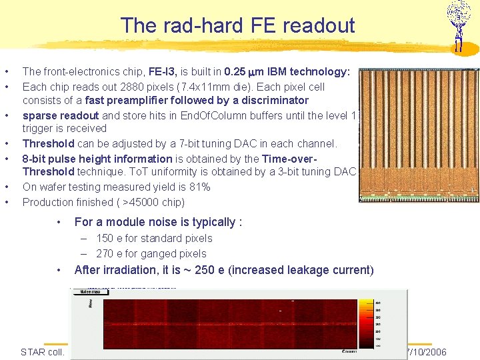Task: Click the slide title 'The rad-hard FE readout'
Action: pos(238,26)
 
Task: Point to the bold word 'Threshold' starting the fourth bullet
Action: pos(48,143)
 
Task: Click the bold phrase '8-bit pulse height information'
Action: pos(97,159)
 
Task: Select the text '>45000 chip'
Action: pos(151,202)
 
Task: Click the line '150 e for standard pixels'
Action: pos(154,238)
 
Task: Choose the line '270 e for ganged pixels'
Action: pos(151,253)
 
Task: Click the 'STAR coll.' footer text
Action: pos(43,352)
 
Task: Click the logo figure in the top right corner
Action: pos(458,25)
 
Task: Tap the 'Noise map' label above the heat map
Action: pos(91,291)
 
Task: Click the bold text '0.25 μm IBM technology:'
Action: pos(287,71)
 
